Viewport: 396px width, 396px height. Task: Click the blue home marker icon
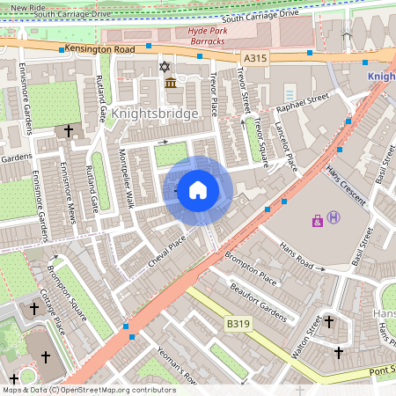point(197,190)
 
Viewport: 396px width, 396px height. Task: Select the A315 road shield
point(254,58)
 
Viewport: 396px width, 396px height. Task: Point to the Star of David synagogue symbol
point(162,67)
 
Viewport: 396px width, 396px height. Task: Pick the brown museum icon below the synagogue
point(170,83)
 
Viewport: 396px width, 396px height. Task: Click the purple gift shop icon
point(317,220)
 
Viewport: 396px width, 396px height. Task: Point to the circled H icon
point(333,216)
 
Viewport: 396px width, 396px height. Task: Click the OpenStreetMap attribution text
point(90,389)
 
